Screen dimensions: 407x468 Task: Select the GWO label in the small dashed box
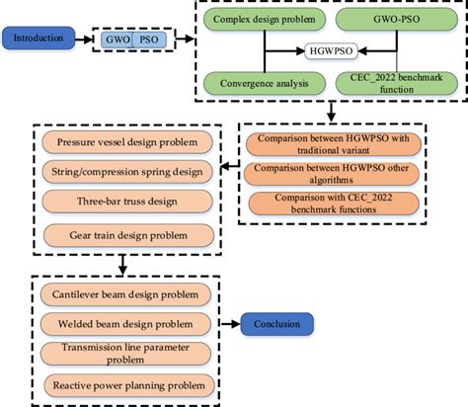[120, 41]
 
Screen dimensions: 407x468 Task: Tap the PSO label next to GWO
[150, 41]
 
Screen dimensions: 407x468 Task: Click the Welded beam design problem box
[122, 324]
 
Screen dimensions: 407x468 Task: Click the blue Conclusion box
[276, 324]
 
